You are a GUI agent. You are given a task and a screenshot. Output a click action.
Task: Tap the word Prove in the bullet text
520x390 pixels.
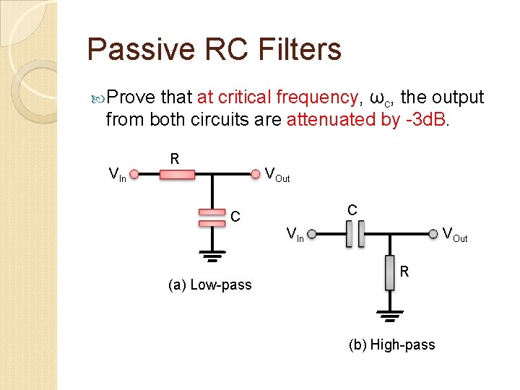point(131,97)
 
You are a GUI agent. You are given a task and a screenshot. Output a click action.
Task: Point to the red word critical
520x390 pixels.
point(245,97)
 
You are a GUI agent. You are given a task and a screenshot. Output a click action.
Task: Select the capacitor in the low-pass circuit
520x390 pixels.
point(212,217)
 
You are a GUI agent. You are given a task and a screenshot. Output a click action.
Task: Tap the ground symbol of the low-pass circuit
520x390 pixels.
point(212,256)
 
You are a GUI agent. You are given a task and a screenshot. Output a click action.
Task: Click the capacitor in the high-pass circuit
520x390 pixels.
point(355,233)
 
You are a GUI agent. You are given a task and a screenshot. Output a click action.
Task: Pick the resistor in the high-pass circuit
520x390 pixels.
point(389,272)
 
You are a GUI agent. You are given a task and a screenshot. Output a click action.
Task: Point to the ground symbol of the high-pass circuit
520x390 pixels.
point(389,316)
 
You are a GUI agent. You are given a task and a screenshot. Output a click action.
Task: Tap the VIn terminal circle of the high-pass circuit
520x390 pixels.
point(311,233)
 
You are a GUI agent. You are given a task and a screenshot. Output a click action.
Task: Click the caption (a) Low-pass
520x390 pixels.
point(209,285)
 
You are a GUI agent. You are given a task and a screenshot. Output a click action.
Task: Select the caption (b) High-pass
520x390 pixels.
point(392,344)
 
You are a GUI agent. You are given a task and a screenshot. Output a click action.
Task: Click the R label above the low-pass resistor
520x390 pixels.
point(174,157)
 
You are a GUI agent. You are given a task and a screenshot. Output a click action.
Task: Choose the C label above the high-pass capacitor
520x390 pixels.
point(352,209)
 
